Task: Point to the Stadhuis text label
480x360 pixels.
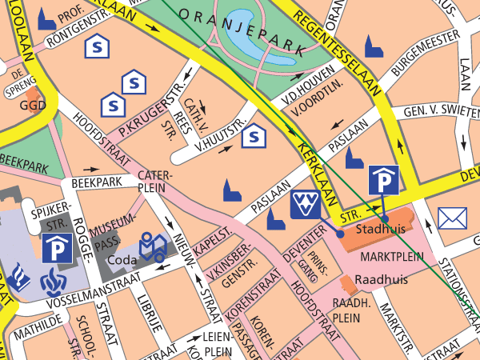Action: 381,229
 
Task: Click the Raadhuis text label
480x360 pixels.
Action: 381,280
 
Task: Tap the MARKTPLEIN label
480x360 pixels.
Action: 390,259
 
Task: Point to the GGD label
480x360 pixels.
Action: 33,106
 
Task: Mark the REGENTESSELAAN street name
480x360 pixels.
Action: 336,38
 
